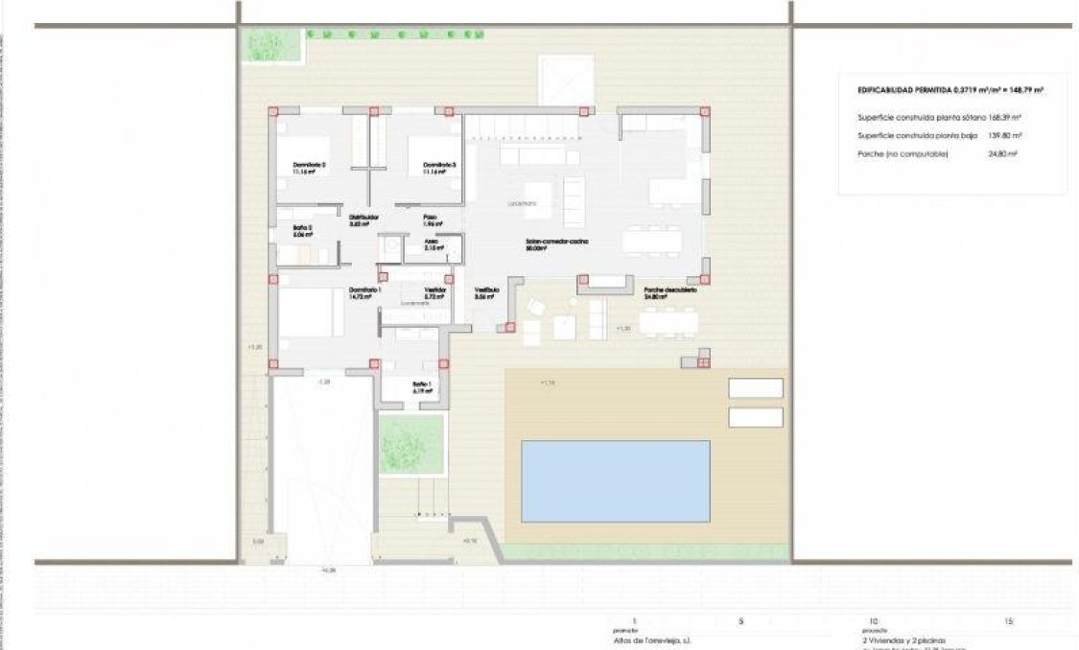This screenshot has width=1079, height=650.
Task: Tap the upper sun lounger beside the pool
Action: (756, 388)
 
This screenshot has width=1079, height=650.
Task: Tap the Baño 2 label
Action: (303, 228)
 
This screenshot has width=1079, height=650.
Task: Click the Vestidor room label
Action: (435, 290)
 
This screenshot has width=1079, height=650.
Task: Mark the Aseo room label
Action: (433, 242)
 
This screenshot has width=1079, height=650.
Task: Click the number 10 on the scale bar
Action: (873, 621)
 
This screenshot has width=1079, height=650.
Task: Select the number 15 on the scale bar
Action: (1008, 621)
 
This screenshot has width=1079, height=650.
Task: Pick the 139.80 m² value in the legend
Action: (1005, 135)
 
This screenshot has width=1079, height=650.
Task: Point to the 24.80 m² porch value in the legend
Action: (1005, 153)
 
